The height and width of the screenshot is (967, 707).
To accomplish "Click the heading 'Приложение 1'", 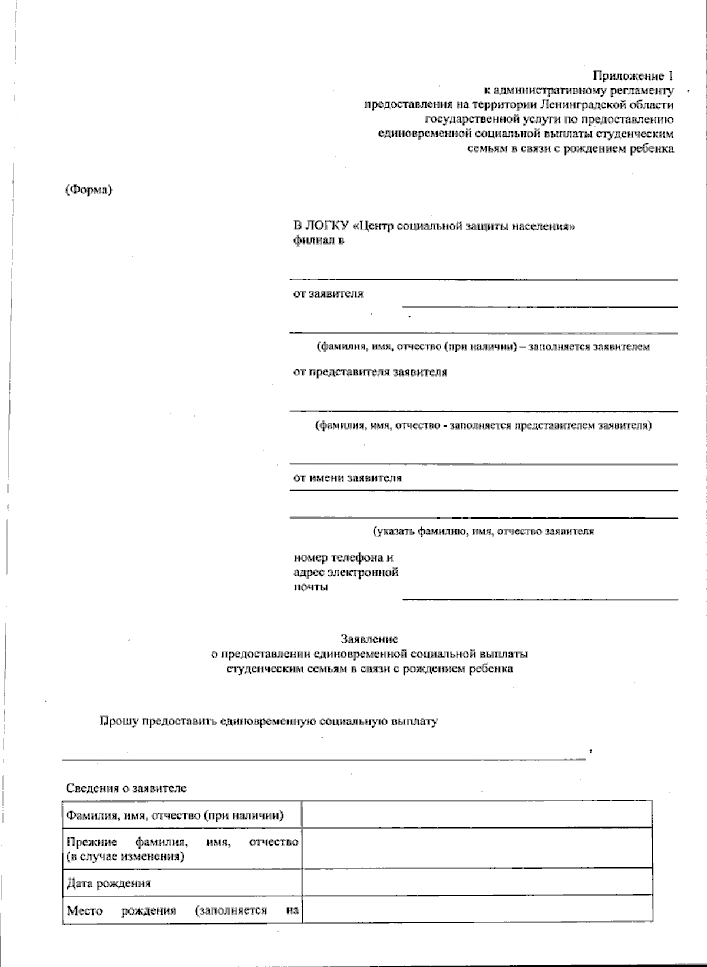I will tap(632, 76).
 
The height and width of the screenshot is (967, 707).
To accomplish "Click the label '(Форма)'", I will tap(88, 190).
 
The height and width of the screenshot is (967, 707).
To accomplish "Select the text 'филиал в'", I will tap(319, 240).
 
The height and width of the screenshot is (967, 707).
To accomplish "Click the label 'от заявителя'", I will tap(328, 293).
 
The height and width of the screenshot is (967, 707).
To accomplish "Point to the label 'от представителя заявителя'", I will tap(370, 372).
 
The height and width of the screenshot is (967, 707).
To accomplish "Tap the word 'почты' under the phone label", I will tap(310, 587).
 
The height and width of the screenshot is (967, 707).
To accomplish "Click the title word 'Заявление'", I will tap(369, 639).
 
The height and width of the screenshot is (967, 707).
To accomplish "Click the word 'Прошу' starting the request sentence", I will tap(115, 721).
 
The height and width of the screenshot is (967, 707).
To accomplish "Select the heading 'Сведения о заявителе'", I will tap(126, 788).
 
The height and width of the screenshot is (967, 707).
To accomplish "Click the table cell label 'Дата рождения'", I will tap(108, 883).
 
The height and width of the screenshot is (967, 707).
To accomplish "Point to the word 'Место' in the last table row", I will tap(84, 910).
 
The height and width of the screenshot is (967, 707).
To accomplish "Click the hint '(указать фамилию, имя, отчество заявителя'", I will tap(483, 531).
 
